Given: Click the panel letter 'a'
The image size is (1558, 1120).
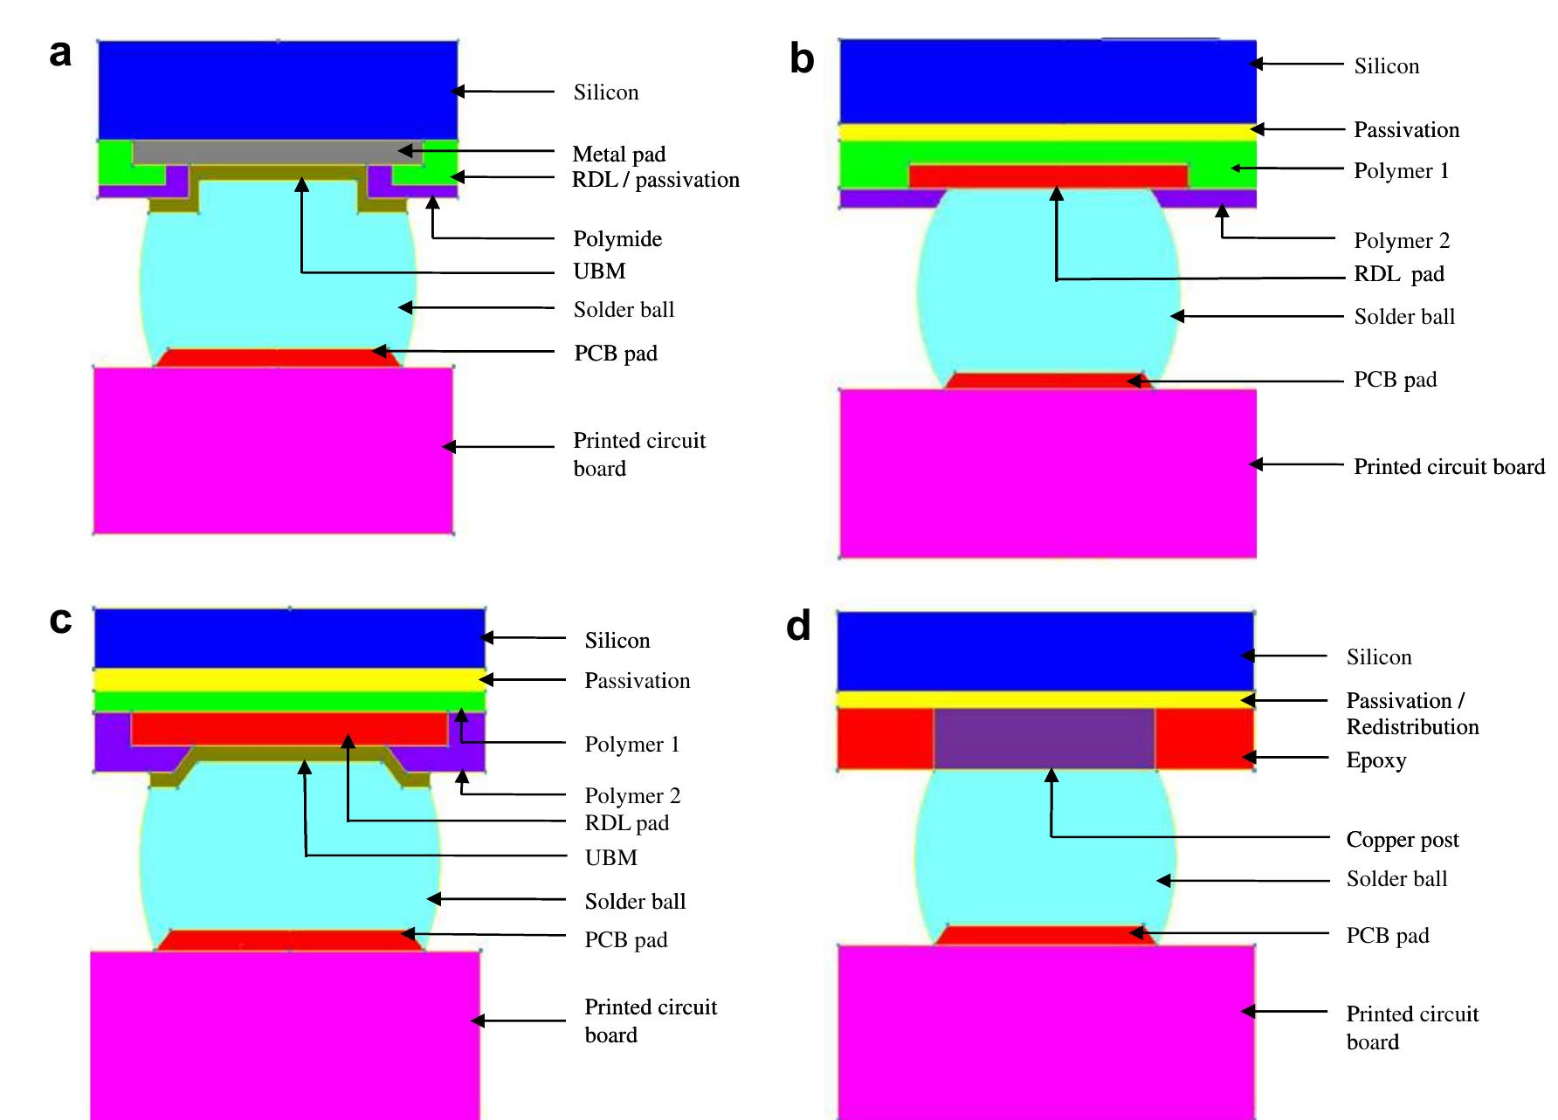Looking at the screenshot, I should click(60, 54).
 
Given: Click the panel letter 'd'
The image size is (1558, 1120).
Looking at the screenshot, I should click(798, 626).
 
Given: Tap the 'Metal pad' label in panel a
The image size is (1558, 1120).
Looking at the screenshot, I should click(618, 155).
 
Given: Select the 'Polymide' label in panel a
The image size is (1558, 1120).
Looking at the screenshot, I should click(617, 239).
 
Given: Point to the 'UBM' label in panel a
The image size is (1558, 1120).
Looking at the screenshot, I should click(599, 271).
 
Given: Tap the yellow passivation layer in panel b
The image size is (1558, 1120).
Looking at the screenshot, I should click(1047, 133).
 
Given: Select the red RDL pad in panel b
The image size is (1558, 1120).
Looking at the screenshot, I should click(1048, 176).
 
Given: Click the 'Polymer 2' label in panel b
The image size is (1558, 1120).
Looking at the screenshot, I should click(1401, 241).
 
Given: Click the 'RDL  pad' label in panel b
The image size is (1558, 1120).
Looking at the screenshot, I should click(1398, 274).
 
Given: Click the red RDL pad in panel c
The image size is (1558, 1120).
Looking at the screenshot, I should click(288, 728).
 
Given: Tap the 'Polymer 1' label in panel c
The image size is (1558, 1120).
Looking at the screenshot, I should click(631, 745).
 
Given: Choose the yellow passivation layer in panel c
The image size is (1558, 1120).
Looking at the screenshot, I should click(288, 680).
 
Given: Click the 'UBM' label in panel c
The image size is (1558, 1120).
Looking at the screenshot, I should click(610, 858).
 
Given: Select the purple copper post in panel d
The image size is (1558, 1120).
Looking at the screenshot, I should click(1044, 739).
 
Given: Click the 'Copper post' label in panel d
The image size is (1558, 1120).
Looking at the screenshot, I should click(1402, 840).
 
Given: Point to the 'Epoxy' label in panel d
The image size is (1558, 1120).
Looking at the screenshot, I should click(1375, 760).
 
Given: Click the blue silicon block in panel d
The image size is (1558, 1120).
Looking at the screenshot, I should click(1045, 651).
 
